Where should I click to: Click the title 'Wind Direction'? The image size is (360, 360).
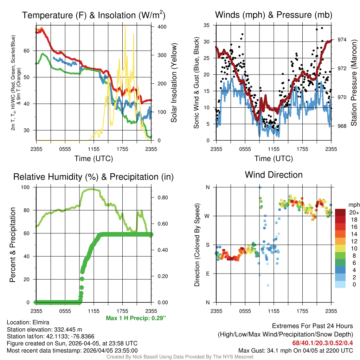[274, 175]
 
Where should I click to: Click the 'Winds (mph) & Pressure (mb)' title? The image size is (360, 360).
[274, 15]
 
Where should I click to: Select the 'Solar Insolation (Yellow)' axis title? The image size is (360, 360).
[174, 83]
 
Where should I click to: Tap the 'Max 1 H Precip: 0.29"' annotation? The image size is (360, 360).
[136, 318]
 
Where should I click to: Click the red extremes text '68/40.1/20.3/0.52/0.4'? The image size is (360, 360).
[322, 343]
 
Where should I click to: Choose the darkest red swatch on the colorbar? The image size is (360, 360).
[340, 212]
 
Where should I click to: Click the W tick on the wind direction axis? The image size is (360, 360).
[207, 216]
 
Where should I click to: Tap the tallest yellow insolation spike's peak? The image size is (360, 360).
[125, 26]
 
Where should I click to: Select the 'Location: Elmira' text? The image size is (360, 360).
[28, 322]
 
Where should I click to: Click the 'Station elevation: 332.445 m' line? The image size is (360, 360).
[44, 329]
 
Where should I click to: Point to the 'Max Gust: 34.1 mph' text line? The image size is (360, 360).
[295, 350]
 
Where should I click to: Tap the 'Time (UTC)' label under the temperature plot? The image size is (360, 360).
[94, 159]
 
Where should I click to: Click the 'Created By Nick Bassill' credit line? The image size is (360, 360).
[180, 356]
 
